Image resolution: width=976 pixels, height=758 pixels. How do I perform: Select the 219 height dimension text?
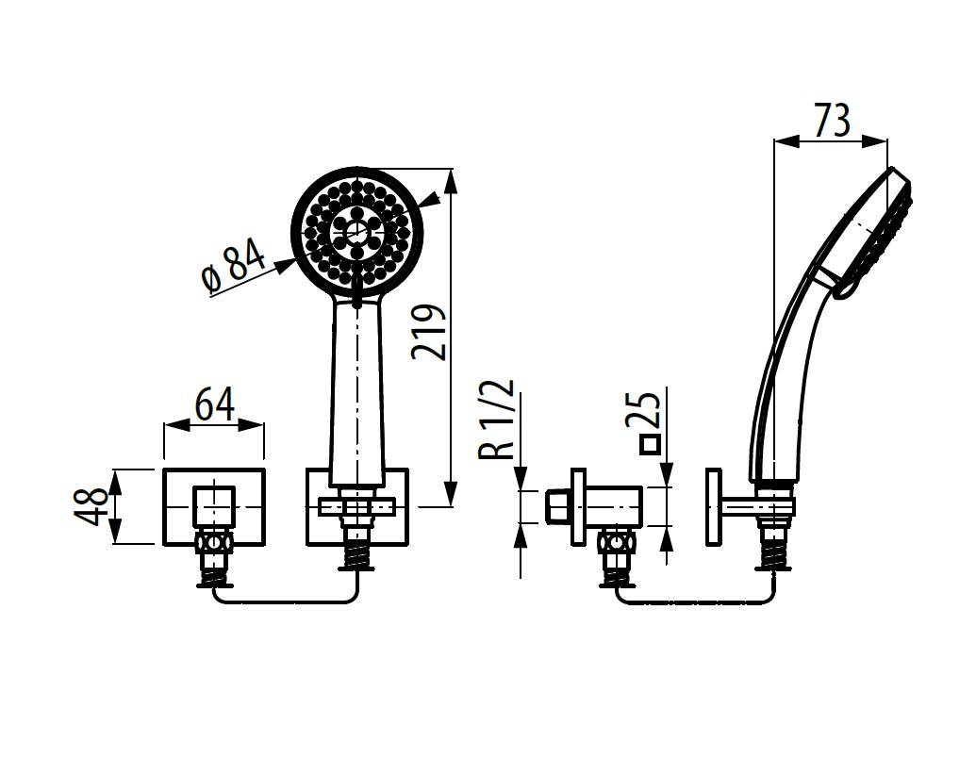tap(429, 332)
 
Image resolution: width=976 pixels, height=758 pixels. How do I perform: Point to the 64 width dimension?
tap(214, 404)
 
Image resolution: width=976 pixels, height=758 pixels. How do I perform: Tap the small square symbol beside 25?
tap(650, 445)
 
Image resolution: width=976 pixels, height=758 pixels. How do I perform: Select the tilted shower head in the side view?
tap(871, 237)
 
